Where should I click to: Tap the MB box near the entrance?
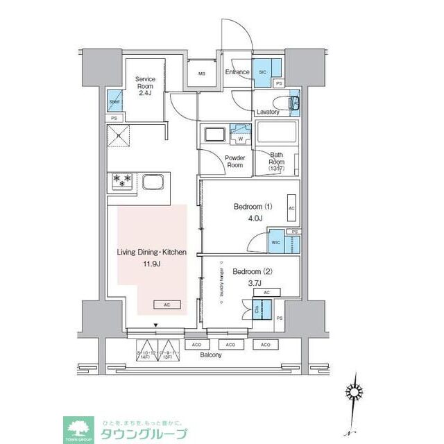(203, 74)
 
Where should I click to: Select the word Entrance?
(237, 71)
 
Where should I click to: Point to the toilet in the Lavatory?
(293, 103)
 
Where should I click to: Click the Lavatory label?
(267, 112)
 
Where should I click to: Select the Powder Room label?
(234, 162)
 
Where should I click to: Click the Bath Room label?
(277, 162)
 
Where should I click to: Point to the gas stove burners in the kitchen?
(121, 182)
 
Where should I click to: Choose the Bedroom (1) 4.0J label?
(248, 212)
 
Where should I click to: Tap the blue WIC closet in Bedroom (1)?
(275, 244)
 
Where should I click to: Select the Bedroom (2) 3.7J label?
(248, 277)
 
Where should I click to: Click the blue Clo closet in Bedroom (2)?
(257, 310)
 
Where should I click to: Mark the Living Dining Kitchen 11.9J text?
(152, 258)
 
